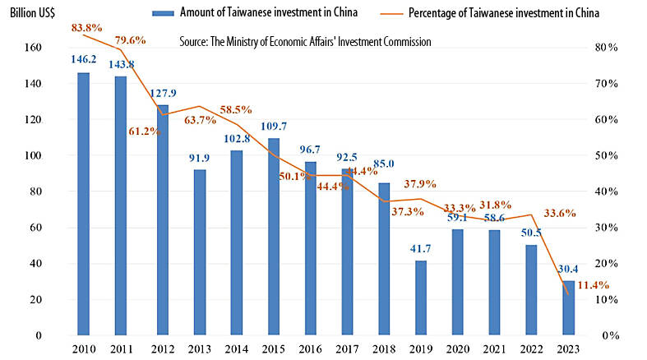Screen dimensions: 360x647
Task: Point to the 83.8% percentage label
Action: pos(87,27)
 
